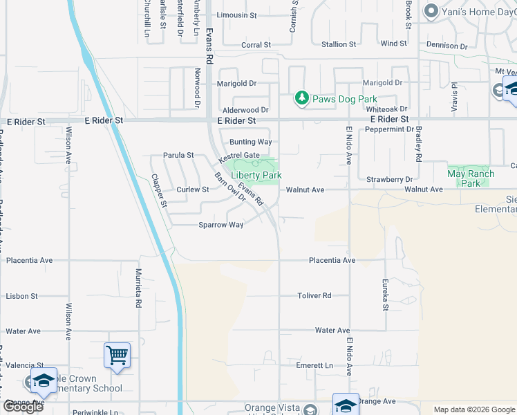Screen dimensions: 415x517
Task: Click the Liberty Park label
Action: [256, 176]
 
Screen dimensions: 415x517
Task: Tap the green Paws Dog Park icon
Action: [301, 99]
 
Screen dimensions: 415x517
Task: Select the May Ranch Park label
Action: [470, 178]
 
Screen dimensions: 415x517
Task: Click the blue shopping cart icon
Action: [117, 356]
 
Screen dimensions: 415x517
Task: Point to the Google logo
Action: [23, 407]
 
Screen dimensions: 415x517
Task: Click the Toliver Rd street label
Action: [314, 295]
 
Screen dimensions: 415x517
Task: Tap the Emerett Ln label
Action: [314, 365]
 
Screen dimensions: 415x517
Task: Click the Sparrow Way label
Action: [221, 225]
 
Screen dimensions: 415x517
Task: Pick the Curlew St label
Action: [192, 190]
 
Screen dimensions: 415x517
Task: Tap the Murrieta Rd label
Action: [138, 288]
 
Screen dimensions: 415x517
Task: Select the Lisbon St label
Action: [21, 296]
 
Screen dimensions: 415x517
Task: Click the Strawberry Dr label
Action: [394, 179]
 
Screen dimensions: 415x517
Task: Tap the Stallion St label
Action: [339, 44]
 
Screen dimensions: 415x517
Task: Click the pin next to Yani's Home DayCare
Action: [432, 11]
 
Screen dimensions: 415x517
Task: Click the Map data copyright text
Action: [473, 409]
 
